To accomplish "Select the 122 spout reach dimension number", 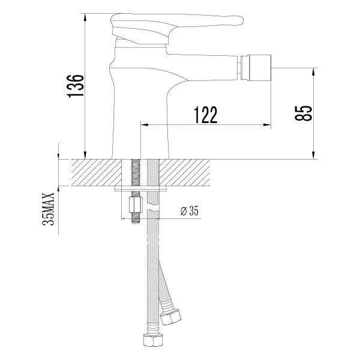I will pos(205,114).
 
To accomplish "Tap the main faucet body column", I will pos(138,108).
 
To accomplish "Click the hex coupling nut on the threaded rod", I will pos(135,208).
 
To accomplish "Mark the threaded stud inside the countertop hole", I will pos(135,174).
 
